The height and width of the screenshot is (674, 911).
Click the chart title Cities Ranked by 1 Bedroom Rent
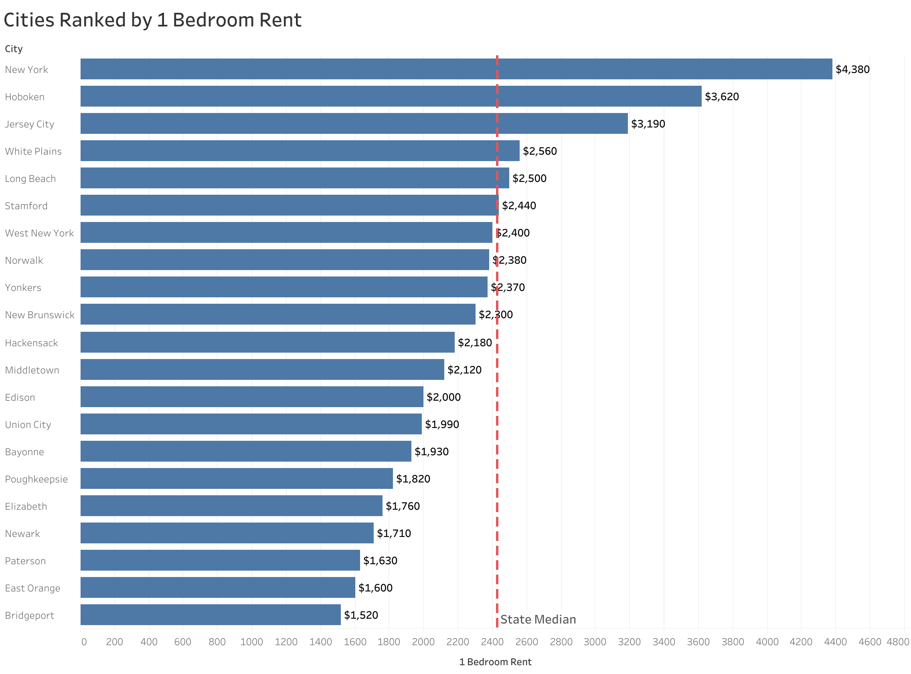152,20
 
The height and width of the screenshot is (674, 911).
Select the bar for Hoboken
391,96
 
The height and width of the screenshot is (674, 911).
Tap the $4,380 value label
852,69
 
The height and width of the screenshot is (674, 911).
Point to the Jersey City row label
29,124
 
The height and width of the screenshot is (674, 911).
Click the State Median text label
538,620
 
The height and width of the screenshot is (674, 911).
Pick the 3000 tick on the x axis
595,642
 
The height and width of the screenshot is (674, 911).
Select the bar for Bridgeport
210,614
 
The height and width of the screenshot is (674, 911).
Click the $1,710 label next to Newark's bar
393,533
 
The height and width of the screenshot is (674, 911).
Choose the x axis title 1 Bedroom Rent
495,662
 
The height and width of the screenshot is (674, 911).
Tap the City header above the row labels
14,49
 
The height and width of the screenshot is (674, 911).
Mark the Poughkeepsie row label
36,479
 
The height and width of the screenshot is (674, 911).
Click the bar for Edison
251,397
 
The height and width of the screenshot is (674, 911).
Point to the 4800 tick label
897,642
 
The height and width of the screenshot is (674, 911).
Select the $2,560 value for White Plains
540,151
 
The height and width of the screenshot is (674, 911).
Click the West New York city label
39,233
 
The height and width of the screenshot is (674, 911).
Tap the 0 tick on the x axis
84,642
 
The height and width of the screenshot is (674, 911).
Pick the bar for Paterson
220,560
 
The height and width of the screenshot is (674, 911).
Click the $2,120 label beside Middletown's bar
464,369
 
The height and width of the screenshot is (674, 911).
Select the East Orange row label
32,588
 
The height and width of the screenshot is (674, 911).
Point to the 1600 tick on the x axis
355,642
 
